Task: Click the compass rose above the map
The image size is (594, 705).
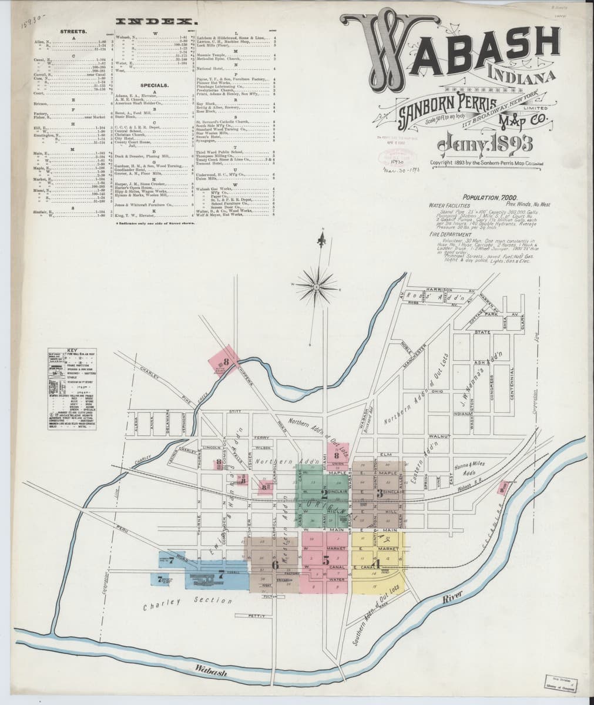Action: (x=316, y=286)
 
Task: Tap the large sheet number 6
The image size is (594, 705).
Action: (x=274, y=565)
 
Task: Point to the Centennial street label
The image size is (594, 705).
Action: (x=512, y=388)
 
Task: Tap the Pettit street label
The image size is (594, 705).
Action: (x=257, y=616)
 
